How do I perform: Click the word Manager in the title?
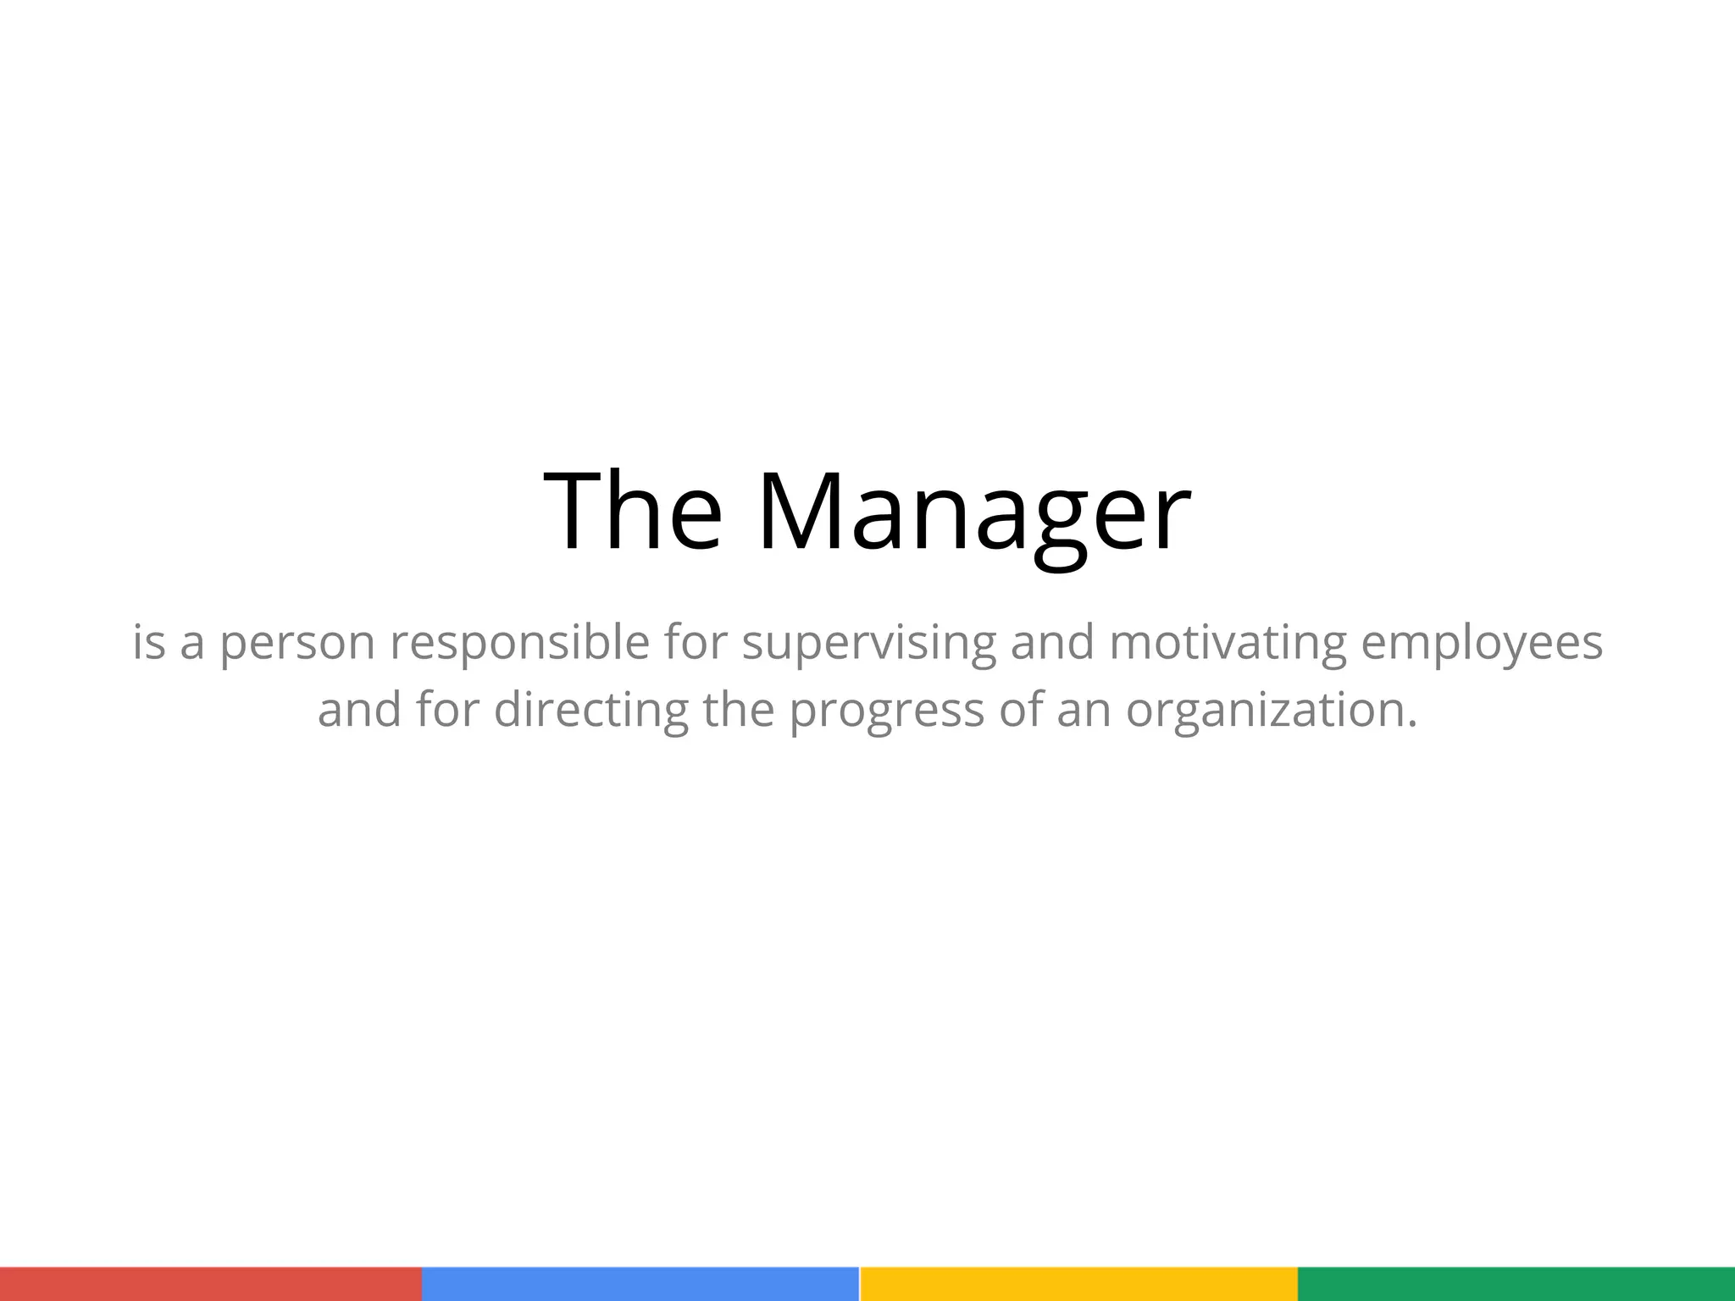[x=973, y=513]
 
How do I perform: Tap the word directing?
[x=590, y=710]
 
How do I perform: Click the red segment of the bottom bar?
[x=210, y=1284]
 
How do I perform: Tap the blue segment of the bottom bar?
[x=640, y=1284]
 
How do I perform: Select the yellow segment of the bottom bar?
[x=1078, y=1284]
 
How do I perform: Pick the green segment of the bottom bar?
[x=1516, y=1284]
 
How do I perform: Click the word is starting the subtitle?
[x=148, y=642]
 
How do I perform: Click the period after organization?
[x=1411, y=725]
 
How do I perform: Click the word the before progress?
[x=739, y=710]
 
